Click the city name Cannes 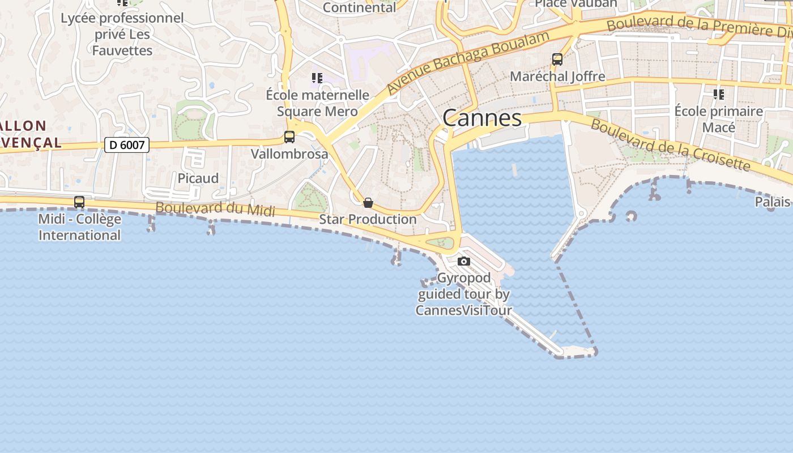coord(481,118)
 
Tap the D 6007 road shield coord(127,145)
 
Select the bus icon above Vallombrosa coord(289,136)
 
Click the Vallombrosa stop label coord(289,154)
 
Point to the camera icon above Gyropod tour coord(464,261)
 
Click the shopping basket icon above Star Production coord(368,203)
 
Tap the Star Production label coord(368,219)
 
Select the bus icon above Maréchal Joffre coord(557,59)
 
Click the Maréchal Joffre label coord(557,76)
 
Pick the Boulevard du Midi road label coord(215,208)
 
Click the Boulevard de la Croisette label coord(671,144)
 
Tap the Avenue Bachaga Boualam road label coord(468,63)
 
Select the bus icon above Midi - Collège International coord(79,202)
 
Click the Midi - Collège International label coord(80,227)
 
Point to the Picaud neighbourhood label coord(198,178)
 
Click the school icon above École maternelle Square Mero coord(317,78)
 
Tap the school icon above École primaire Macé coord(719,94)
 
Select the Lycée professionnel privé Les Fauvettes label coord(122,34)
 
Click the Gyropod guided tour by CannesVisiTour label coord(464,294)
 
